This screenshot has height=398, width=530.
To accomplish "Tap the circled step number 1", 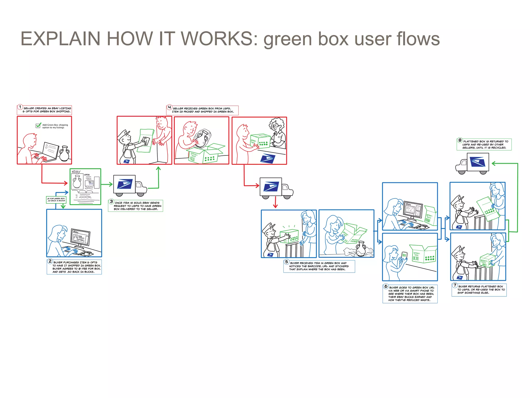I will (x=20, y=107).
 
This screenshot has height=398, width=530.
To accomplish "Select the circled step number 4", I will (x=169, y=107).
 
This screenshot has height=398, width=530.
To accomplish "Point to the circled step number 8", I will (x=460, y=140).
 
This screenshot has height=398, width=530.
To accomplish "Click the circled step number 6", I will (x=386, y=286).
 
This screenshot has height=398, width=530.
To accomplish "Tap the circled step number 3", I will (x=111, y=202).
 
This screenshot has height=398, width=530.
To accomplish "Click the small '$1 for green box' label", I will (x=56, y=200).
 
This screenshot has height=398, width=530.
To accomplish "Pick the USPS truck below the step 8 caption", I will (x=473, y=163).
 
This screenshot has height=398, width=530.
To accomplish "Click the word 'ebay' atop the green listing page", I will (x=76, y=172).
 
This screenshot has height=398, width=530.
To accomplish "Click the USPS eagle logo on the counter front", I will (x=268, y=158).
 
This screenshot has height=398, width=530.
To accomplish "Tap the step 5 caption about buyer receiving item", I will (x=319, y=266).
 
